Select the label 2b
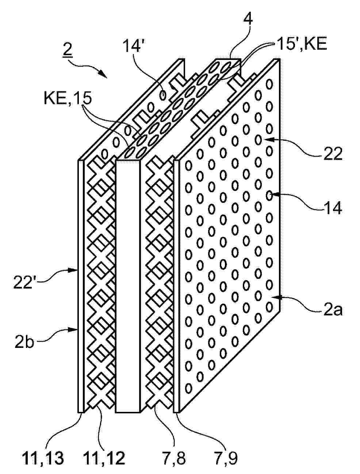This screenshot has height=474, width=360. click(24, 344)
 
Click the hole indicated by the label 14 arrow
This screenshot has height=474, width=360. click(269, 196)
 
